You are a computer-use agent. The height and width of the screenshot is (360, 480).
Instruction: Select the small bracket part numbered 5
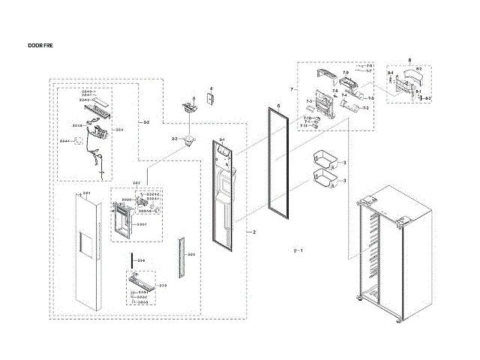188,107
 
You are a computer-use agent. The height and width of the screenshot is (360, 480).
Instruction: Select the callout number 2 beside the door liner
253,232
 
